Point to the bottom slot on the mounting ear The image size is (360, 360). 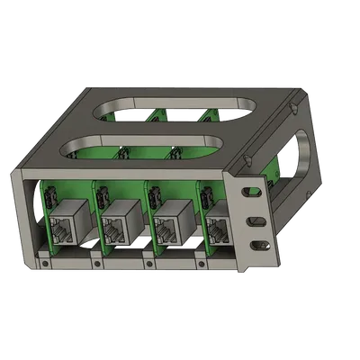[258, 244]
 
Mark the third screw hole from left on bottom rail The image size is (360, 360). [146, 265]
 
